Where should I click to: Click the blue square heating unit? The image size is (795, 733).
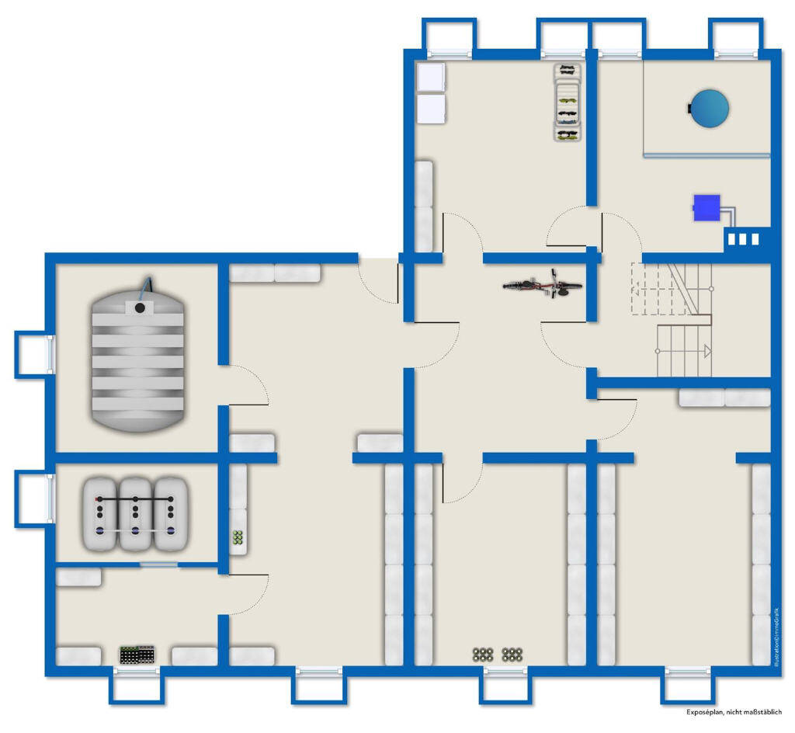(706, 207)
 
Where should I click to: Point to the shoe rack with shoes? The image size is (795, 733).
(568, 103)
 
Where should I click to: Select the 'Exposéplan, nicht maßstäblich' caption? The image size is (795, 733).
(734, 712)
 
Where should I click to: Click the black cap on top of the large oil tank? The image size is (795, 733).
(140, 308)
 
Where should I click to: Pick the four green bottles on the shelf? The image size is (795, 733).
(238, 537)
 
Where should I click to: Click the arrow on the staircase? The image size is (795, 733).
(706, 350)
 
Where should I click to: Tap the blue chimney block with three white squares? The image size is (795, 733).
(743, 239)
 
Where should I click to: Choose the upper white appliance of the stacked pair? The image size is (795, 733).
(431, 78)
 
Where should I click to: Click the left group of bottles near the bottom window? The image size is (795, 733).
(484, 654)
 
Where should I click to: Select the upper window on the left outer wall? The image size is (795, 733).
(35, 355)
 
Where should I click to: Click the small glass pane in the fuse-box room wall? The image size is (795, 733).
(158, 565)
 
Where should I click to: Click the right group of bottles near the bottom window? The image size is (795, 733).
(511, 654)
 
